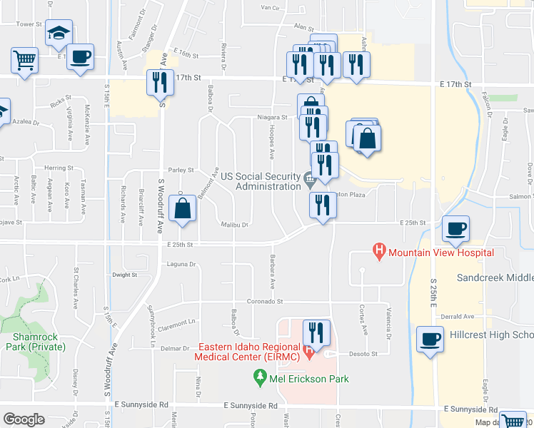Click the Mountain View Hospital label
click(x=441, y=253)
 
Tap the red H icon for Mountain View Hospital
click(x=380, y=251)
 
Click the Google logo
click(x=24, y=419)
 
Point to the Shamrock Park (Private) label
click(x=34, y=342)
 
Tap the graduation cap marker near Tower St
click(x=59, y=33)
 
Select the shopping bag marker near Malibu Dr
click(x=183, y=209)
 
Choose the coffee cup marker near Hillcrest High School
click(x=430, y=338)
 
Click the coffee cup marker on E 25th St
click(x=455, y=228)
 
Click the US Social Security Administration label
click(x=261, y=181)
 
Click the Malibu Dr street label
click(x=234, y=225)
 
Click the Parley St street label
click(x=181, y=170)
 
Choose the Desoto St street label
click(x=362, y=354)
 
